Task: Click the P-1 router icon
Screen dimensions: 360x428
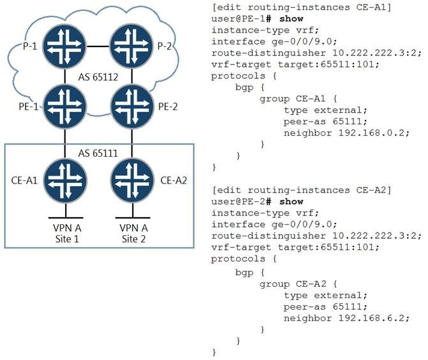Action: point(65,47)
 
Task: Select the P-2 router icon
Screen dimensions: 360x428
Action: point(133,47)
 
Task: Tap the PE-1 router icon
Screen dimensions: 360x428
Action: point(65,107)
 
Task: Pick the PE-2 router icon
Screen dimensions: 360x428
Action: point(133,107)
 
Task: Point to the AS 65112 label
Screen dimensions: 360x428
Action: point(98,77)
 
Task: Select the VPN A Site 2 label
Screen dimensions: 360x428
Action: point(133,233)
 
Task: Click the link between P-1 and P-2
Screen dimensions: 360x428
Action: point(99,47)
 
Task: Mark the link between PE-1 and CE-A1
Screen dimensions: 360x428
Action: point(65,143)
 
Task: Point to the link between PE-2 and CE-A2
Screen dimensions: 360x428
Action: point(133,143)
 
